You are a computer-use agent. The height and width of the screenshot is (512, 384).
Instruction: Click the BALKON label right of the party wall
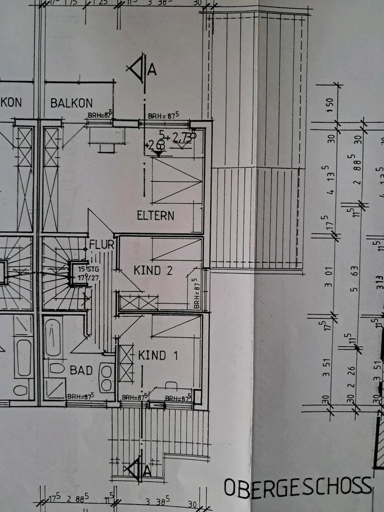[x=71, y=103]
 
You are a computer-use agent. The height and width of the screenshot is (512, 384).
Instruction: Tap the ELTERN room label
[x=156, y=216]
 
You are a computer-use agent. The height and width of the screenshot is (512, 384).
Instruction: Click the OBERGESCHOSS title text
[x=297, y=486]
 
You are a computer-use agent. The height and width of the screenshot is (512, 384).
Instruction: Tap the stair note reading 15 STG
[x=82, y=269]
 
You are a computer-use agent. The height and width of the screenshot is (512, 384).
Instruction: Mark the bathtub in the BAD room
[x=53, y=338]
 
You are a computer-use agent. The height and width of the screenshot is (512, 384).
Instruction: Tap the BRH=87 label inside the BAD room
[x=81, y=396]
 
